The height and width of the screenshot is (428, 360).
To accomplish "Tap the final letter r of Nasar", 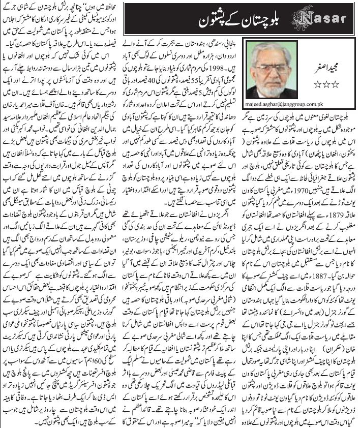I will tap(346, 19).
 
